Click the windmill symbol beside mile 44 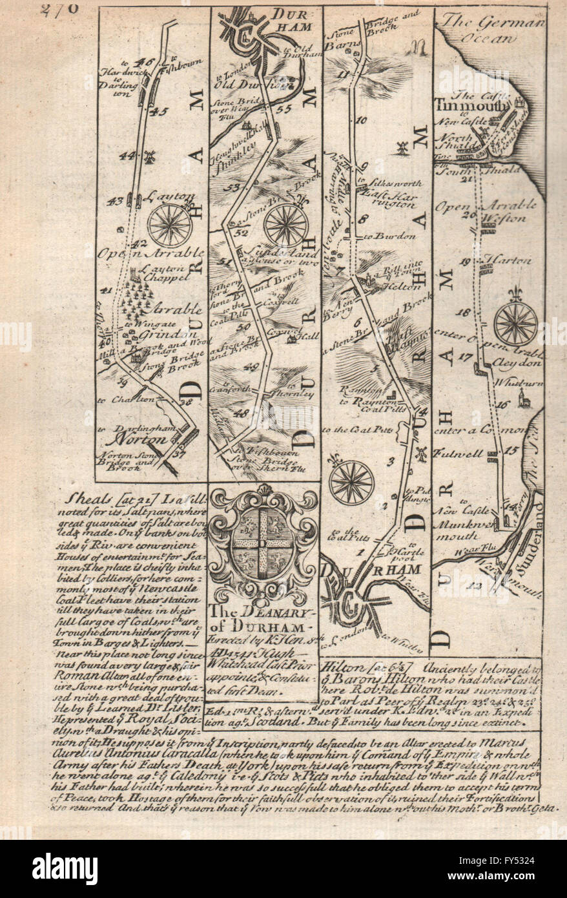pyautogui.click(x=150, y=156)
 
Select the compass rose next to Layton pyautogui.click(x=169, y=225)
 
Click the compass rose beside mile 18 pyautogui.click(x=515, y=322)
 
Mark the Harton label pyautogui.click(x=513, y=260)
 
